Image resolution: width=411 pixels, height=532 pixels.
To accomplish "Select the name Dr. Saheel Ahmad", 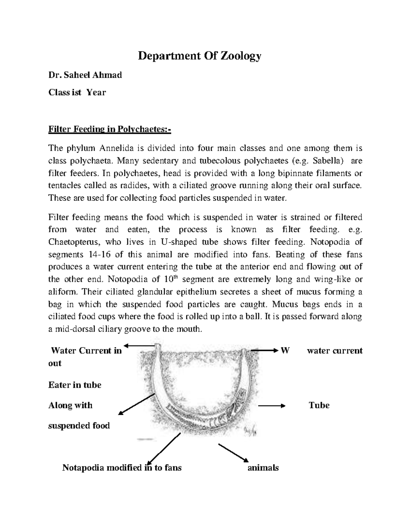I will pyautogui.click(x=85, y=75).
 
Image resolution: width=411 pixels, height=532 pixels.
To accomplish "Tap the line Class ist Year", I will pyautogui.click(x=77, y=92).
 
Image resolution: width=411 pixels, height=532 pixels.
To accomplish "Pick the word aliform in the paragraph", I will pyautogui.click(x=63, y=292).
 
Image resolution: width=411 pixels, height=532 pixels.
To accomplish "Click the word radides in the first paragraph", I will pyautogui.click(x=135, y=186).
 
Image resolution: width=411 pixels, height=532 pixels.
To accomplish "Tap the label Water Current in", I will pyautogui.click(x=86, y=350).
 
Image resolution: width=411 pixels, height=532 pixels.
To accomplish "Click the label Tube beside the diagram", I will pyautogui.click(x=319, y=405).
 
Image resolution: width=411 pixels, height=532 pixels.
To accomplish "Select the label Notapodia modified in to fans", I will pyautogui.click(x=122, y=468).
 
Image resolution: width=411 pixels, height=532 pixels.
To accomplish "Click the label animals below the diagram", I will pyautogui.click(x=263, y=468).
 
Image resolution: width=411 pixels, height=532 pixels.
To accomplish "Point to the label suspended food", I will pyautogui.click(x=79, y=426).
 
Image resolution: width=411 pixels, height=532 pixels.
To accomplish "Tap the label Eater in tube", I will pyautogui.click(x=75, y=385).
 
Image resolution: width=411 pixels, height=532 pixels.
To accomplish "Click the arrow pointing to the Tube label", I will pyautogui.click(x=271, y=406).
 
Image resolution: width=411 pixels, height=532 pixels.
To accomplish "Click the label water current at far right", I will pyautogui.click(x=334, y=350).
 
